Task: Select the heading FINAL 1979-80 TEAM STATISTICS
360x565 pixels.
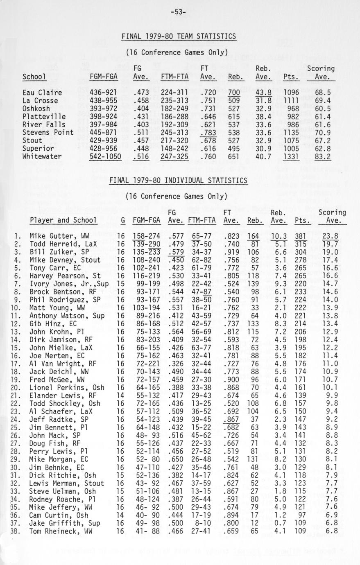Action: [x=179, y=36]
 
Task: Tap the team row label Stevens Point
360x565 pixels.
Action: [x=48, y=132]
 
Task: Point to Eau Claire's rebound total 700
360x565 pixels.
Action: [x=234, y=93]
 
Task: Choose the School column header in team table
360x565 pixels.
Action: [x=34, y=77]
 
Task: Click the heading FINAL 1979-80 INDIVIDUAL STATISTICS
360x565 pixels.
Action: [x=178, y=181]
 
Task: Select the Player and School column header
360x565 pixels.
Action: [x=63, y=220]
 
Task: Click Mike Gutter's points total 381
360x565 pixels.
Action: [x=301, y=236]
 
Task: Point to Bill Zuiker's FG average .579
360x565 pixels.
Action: [x=175, y=252]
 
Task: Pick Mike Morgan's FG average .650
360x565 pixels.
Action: [x=175, y=459]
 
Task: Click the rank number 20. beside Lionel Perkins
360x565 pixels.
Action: [x=17, y=387]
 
